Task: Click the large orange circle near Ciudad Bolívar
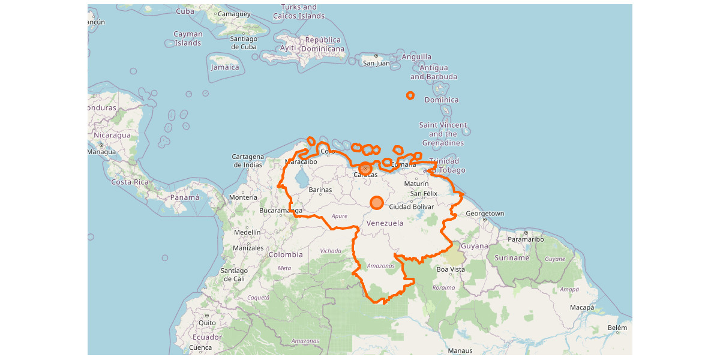(376, 203)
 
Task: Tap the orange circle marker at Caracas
(365, 169)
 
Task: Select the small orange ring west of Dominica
(410, 95)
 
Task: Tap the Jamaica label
(225, 67)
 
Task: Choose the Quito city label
(206, 322)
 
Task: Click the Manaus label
(460, 350)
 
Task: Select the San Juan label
(376, 63)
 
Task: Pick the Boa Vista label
(451, 269)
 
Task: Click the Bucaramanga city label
(281, 211)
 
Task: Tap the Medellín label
(248, 232)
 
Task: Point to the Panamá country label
(184, 197)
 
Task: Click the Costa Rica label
(130, 182)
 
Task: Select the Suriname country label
(512, 258)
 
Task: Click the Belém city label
(617, 328)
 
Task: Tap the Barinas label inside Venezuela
(320, 190)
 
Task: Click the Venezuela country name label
(385, 223)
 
